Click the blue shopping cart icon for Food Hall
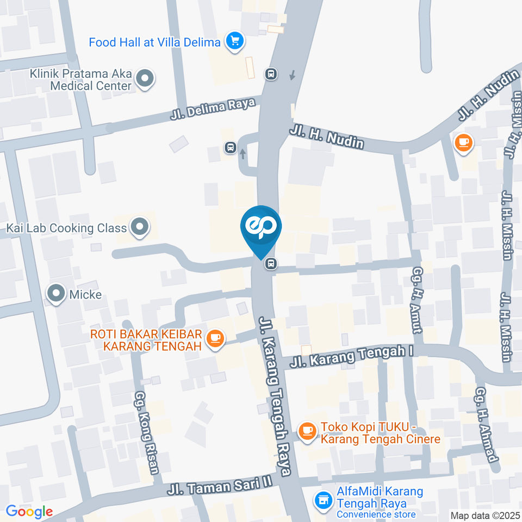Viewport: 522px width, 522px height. click(x=235, y=41)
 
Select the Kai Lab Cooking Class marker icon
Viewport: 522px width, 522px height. click(x=140, y=227)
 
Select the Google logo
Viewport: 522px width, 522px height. click(x=29, y=511)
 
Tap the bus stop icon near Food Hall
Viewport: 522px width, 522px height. click(x=271, y=73)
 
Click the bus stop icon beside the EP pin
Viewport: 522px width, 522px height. click(x=270, y=264)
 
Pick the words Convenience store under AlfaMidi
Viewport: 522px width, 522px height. click(x=376, y=514)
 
